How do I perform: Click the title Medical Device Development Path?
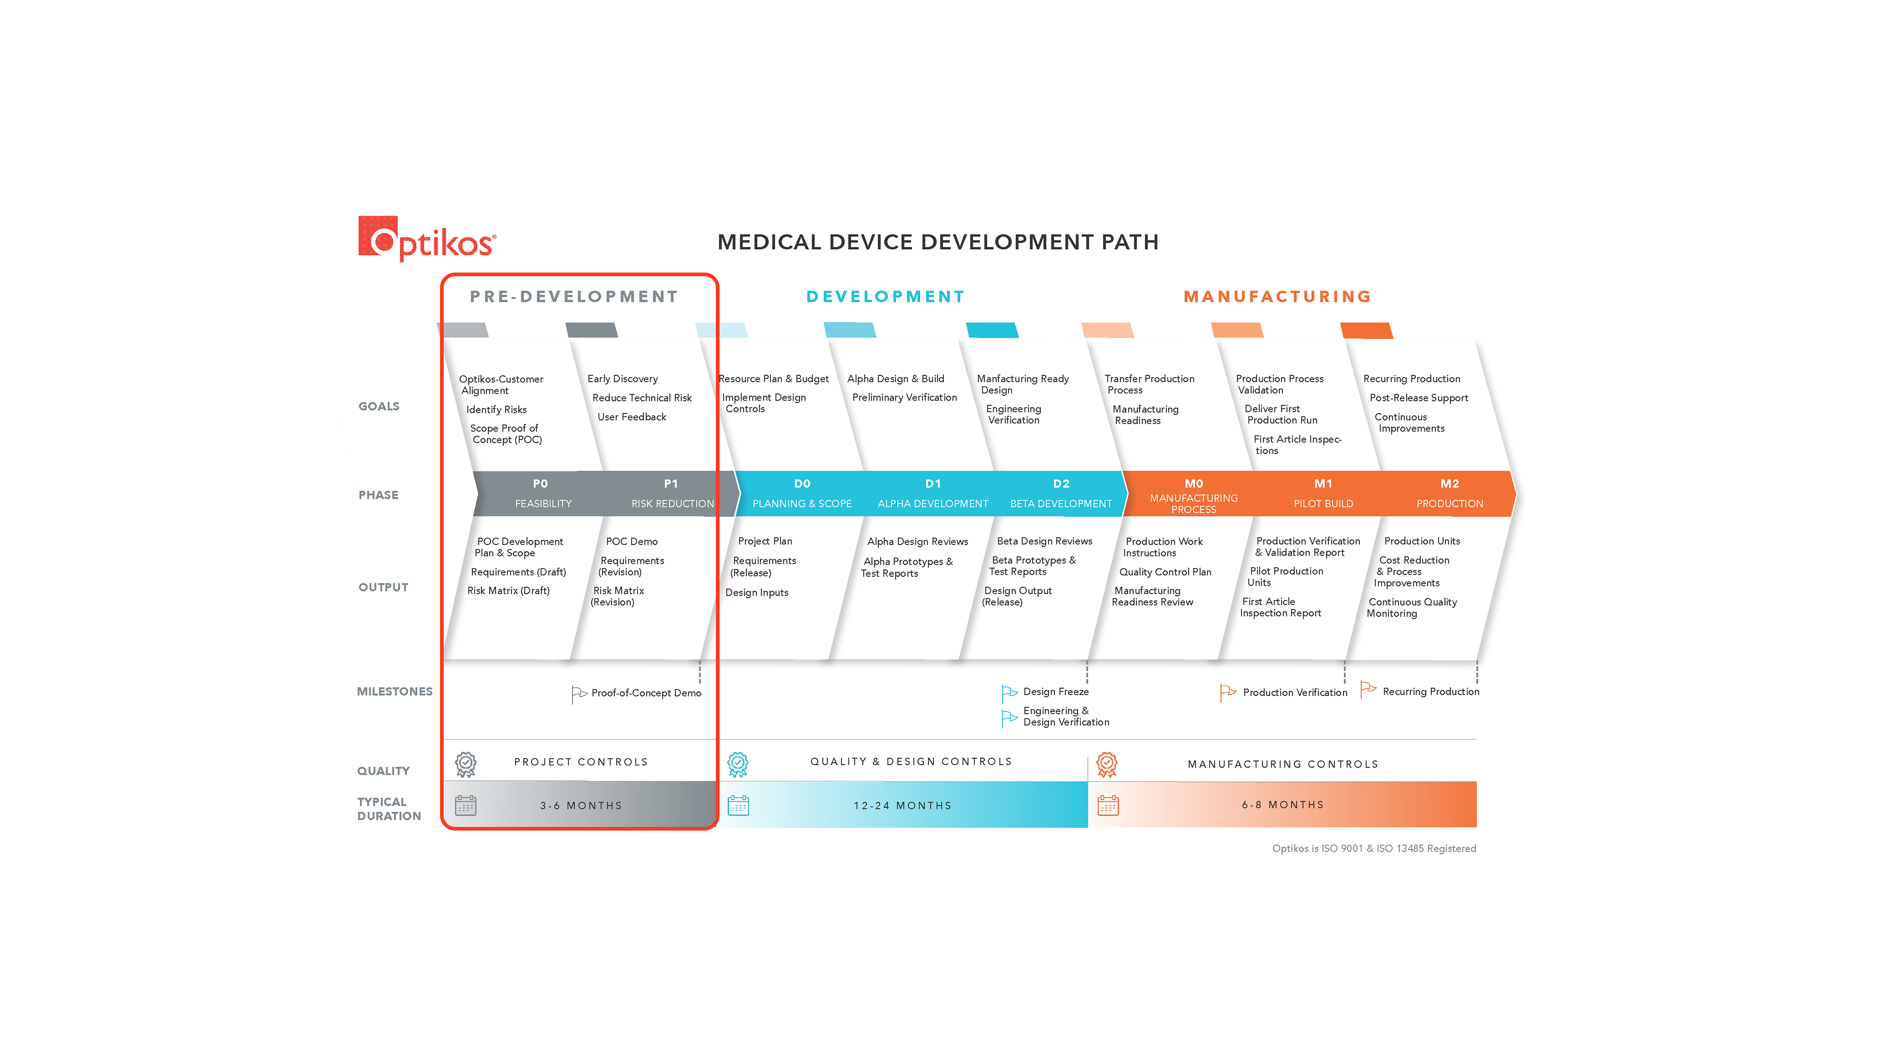938,242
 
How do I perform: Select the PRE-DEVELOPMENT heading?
574,296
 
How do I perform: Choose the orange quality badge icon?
1106,764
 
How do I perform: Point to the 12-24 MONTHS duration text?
903,805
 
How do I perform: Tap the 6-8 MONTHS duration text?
1283,805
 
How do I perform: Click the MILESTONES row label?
395,692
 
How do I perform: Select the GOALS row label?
379,406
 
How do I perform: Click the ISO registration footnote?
1373,849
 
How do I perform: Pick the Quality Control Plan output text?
1165,572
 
